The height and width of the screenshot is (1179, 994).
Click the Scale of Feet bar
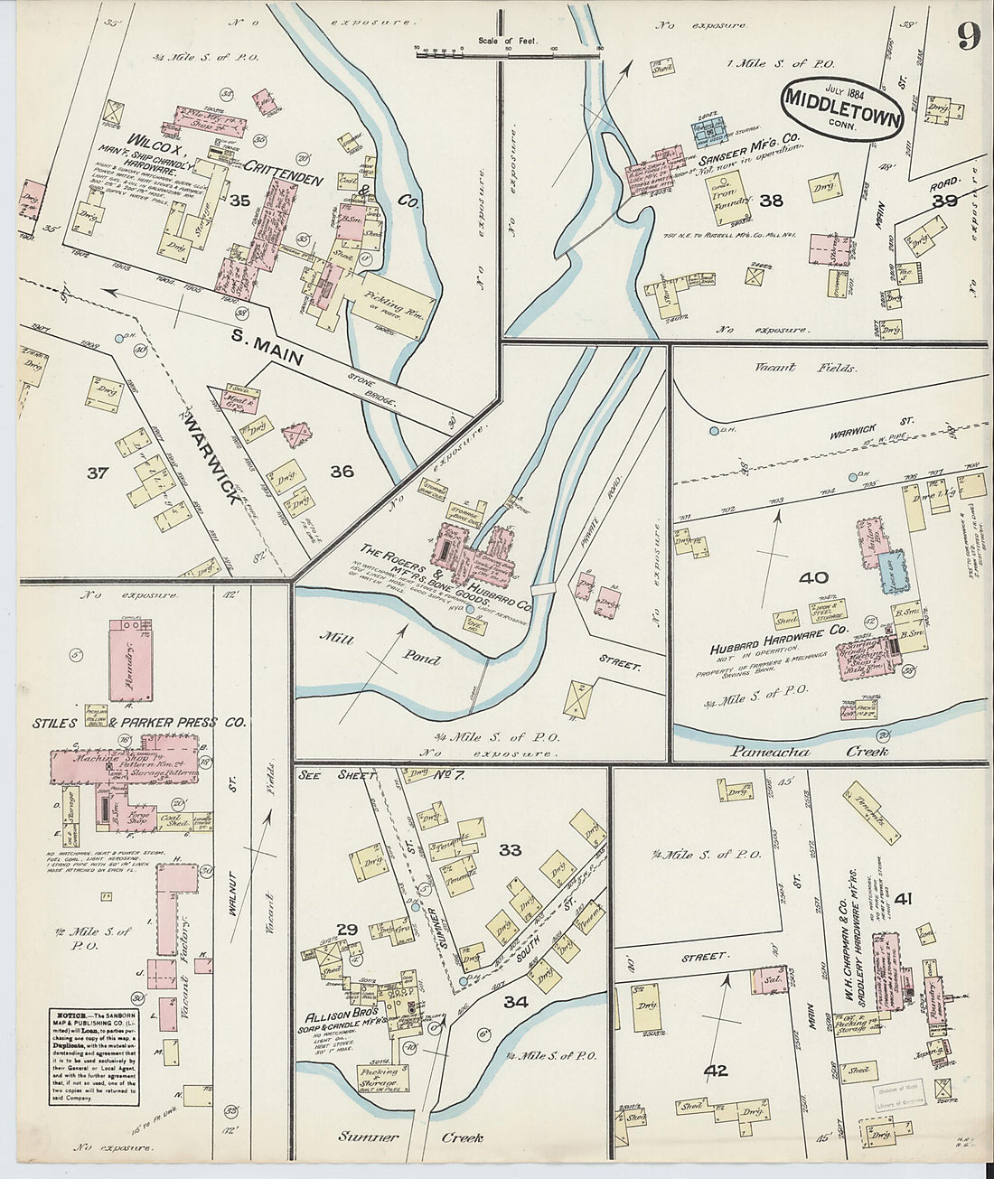(x=509, y=53)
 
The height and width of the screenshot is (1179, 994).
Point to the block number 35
(x=239, y=200)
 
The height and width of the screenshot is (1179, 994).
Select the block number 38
(x=771, y=201)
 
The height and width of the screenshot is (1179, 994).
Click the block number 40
(x=812, y=577)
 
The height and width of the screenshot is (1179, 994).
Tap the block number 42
(x=716, y=1071)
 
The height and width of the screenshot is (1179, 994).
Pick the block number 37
(x=97, y=473)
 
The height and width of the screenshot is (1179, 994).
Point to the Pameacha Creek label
(x=810, y=752)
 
